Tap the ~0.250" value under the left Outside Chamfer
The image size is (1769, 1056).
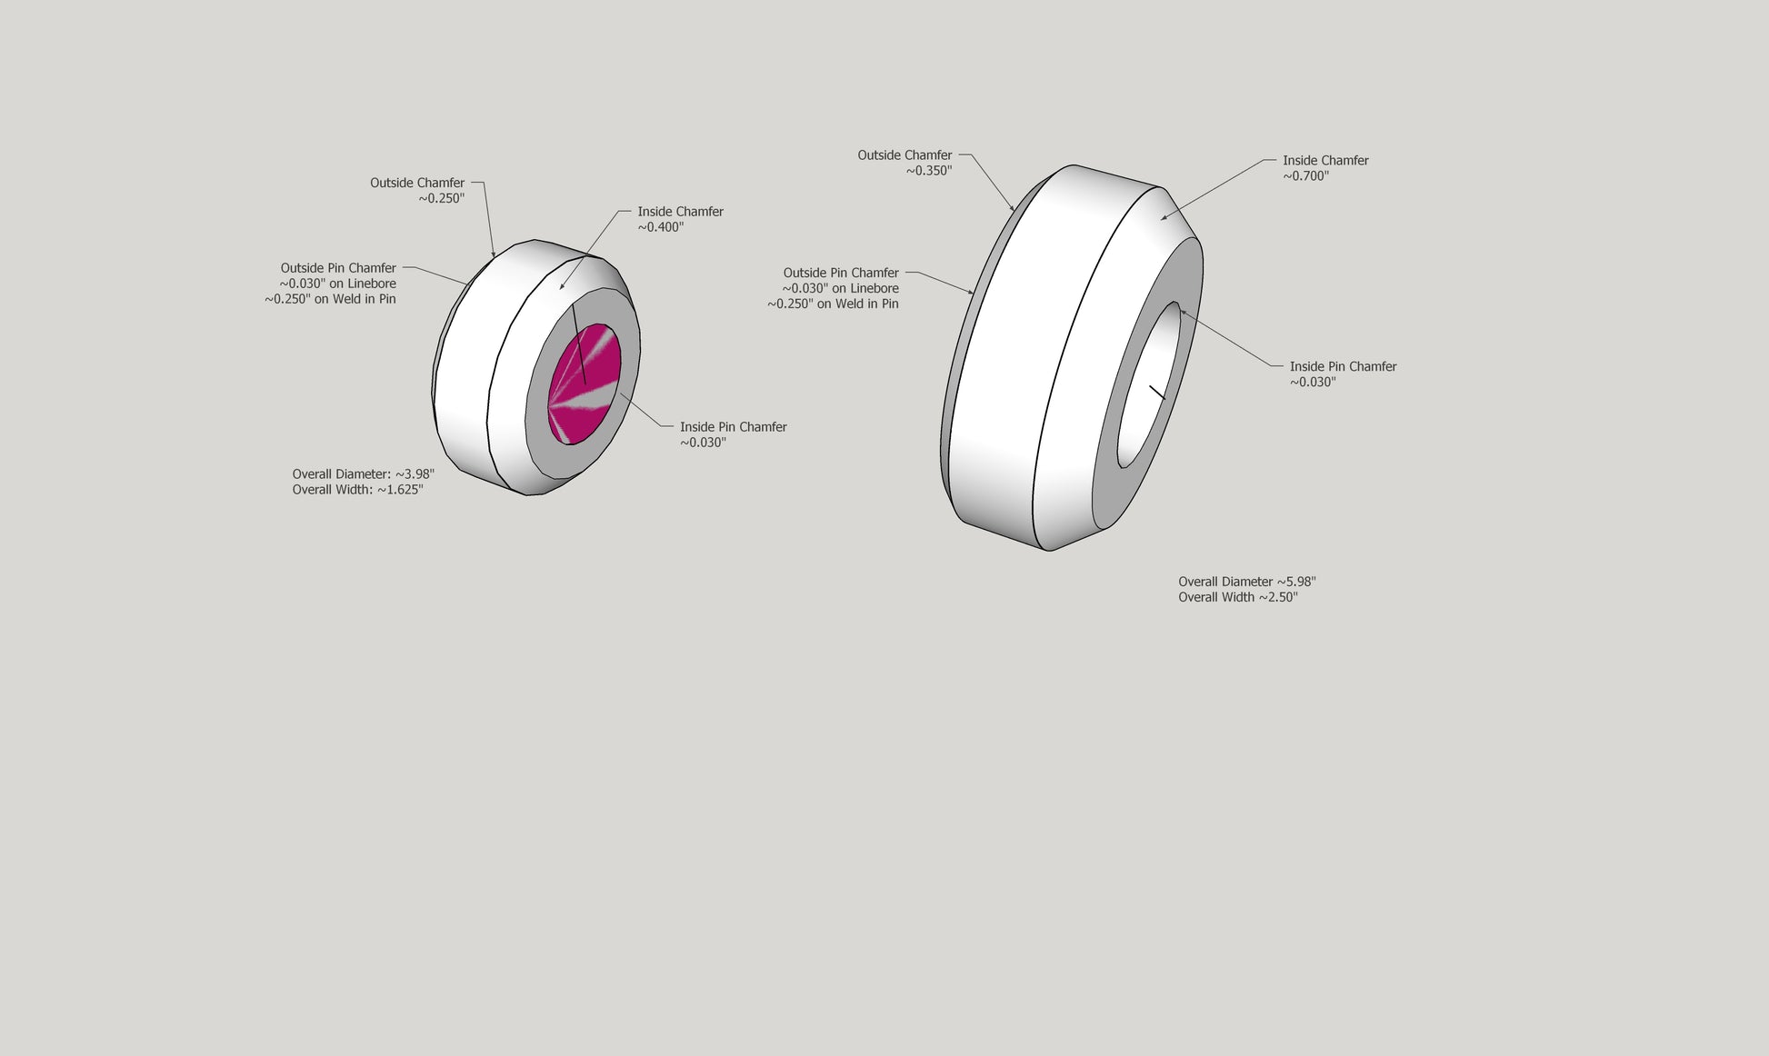442,198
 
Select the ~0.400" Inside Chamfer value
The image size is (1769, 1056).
661,227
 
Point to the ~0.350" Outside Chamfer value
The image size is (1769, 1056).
929,171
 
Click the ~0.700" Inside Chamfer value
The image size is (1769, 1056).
1306,176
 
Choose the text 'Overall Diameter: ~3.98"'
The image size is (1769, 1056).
364,474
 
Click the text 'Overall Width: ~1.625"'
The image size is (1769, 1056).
358,490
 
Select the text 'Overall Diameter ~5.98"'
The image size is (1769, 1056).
1247,582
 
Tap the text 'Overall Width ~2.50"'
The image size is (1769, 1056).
1238,597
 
